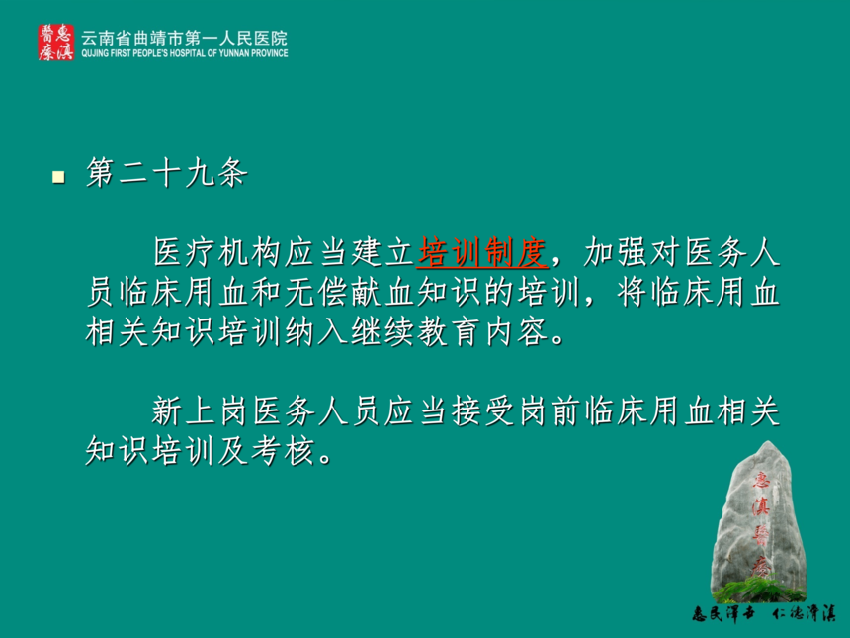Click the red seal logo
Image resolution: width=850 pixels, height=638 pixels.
pos(55,43)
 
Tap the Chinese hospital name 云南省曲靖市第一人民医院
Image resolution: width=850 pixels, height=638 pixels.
pos(184,38)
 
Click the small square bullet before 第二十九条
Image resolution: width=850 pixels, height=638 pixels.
pos(58,177)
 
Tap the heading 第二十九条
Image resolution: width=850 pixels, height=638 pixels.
pos(166,173)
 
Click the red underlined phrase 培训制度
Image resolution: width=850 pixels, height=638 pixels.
pos(482,252)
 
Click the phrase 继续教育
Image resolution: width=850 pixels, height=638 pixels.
pos(415,331)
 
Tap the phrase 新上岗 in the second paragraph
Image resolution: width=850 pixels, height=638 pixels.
pos(201,410)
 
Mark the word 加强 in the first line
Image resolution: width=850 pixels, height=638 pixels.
pos(616,252)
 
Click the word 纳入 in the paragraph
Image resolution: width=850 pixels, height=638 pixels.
pos(316,331)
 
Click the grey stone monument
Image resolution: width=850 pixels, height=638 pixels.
pos(758,521)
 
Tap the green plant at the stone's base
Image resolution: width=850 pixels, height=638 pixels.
pos(758,590)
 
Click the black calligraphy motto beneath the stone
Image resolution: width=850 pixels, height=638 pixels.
pos(763,613)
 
